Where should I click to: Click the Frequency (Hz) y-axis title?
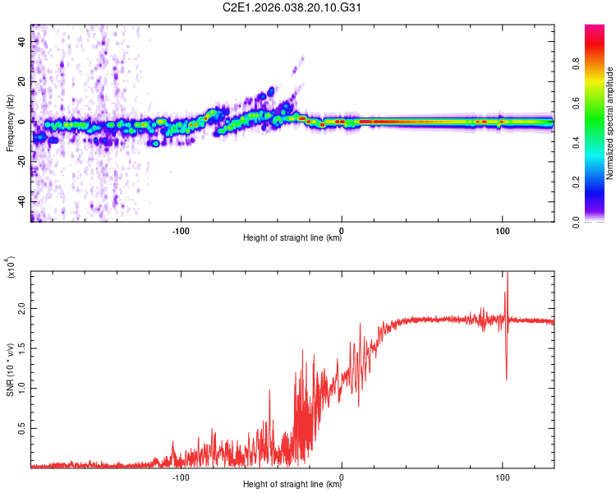(x=10, y=123)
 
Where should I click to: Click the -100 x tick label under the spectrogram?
(x=181, y=229)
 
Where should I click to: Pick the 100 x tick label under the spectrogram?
(x=502, y=229)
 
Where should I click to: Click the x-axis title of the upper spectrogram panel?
(x=292, y=239)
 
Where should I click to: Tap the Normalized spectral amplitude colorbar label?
(x=610, y=123)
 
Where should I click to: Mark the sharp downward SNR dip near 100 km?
(x=506, y=378)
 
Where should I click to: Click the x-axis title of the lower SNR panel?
(x=292, y=484)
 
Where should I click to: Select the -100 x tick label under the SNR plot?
(x=181, y=475)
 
